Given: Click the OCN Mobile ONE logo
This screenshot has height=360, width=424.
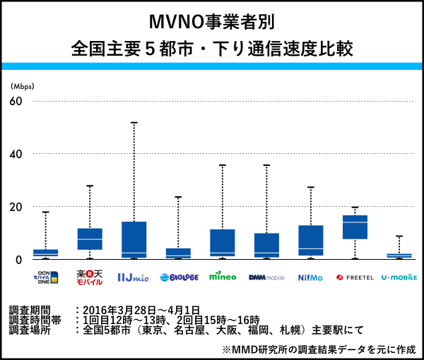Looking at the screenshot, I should (45, 276).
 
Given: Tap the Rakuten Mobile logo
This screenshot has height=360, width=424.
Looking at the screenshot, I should (90, 276).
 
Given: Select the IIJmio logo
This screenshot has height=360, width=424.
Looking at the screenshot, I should (133, 277).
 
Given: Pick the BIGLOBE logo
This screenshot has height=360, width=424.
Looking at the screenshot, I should (178, 277).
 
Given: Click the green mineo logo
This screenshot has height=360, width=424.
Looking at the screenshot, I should (223, 276).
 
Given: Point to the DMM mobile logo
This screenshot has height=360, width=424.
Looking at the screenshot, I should (266, 277).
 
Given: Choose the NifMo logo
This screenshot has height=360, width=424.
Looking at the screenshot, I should (310, 277).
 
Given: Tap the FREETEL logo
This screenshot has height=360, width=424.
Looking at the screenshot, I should (355, 277).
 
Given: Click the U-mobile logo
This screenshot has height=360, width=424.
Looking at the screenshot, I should (399, 277).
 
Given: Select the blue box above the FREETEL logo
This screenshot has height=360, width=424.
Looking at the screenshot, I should (355, 227).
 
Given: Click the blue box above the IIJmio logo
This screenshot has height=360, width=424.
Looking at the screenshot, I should (134, 239).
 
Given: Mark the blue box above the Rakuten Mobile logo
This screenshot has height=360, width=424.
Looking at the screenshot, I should (90, 239).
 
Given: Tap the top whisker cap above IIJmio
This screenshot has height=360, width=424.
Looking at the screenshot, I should (134, 122).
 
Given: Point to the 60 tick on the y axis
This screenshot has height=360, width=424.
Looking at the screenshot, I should (16, 101).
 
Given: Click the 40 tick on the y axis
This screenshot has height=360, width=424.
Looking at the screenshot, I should (16, 154).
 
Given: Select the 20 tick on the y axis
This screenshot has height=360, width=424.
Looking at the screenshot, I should (16, 207).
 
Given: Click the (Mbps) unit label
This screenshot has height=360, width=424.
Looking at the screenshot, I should (23, 86).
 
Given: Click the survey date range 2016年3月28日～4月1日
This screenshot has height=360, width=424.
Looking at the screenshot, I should (141, 310).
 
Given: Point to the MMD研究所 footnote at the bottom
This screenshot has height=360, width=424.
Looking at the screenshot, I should (318, 349).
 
